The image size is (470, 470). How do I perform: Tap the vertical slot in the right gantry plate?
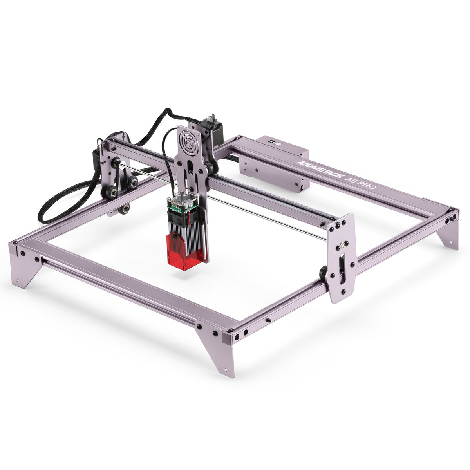tap(342, 270)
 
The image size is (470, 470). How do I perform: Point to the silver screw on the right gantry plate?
tap(342, 246)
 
